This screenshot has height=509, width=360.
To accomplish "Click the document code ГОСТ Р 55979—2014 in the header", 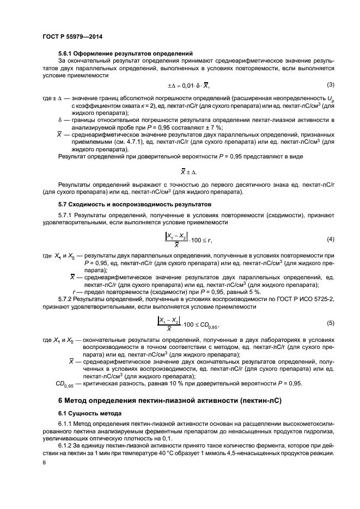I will click(72, 36).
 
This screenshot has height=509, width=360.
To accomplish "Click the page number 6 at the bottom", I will click(44, 462).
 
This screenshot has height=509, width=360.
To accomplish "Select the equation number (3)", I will click(330, 84).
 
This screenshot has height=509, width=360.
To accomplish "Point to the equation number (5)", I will click(330, 323).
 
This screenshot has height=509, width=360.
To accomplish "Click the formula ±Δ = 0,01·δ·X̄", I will click(188, 86).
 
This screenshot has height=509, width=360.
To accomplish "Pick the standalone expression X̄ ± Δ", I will click(187, 170).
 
